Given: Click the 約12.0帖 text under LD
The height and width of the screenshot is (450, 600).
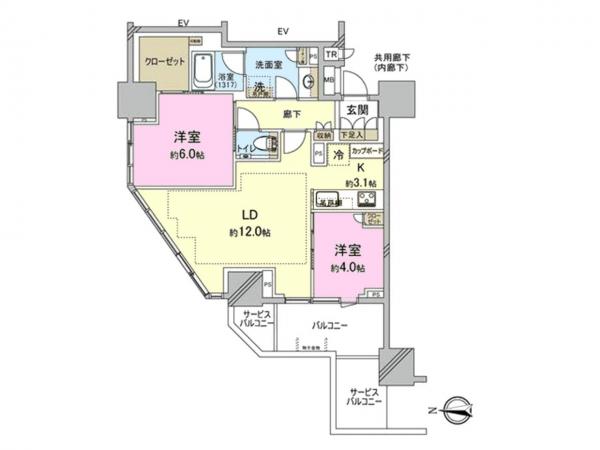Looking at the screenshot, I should pos(250,231).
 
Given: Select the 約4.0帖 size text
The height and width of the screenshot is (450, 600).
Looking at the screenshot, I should pos(347,267).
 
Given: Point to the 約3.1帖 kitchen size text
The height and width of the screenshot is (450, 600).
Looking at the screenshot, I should pos(362,183).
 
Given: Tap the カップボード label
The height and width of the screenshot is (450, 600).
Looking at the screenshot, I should pos(365,150).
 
